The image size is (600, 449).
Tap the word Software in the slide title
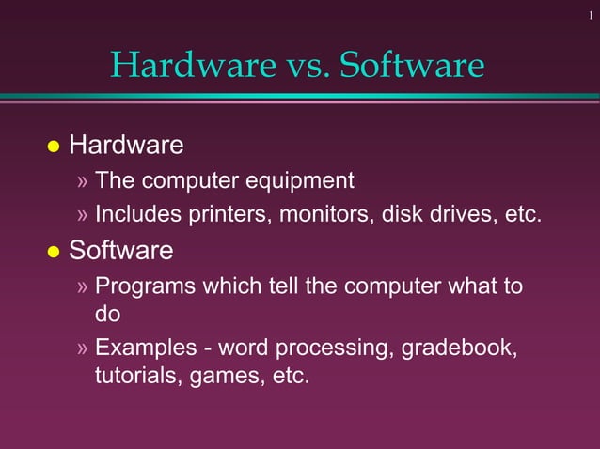pos(412,65)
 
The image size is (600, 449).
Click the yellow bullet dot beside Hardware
pos(54,147)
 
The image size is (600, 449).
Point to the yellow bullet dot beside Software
pos(54,253)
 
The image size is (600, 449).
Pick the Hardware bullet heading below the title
pos(126,146)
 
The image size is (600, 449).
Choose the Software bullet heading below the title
pos(121,251)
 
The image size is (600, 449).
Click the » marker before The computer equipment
pos(83,180)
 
